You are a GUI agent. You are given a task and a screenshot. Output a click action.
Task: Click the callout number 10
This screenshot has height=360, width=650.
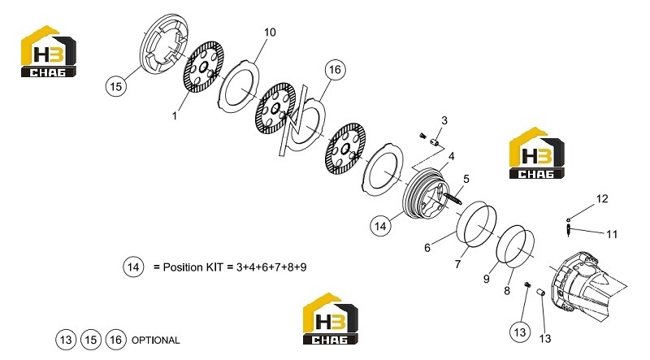270,32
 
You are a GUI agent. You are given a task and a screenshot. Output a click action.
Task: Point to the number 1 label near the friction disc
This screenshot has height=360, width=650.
175,115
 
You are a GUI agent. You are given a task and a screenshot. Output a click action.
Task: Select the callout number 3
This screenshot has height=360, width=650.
444,120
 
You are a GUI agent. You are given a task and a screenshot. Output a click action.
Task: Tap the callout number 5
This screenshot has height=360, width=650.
466,179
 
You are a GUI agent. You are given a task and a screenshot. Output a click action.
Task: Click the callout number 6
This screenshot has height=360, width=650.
427,248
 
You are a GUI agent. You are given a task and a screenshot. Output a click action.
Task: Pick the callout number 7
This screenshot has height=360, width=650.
457,264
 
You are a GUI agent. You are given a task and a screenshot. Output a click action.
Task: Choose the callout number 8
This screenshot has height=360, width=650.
506,291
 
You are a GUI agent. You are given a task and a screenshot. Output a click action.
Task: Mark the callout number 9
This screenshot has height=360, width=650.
486,279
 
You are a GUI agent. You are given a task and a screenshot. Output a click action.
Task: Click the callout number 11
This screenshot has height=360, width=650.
612,234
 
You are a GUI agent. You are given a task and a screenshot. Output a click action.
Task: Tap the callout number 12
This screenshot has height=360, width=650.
602,198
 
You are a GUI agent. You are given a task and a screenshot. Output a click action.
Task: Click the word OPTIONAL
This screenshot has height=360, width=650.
155,340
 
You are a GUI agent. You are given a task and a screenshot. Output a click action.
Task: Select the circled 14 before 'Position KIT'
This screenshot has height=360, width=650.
133,267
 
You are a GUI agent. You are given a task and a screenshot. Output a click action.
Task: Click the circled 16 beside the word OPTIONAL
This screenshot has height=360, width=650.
115,340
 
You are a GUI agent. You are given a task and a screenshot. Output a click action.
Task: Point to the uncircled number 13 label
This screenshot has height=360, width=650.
545,338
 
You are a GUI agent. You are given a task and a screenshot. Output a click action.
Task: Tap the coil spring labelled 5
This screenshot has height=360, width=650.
452,197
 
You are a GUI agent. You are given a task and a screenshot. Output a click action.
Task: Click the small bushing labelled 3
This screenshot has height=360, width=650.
435,143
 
